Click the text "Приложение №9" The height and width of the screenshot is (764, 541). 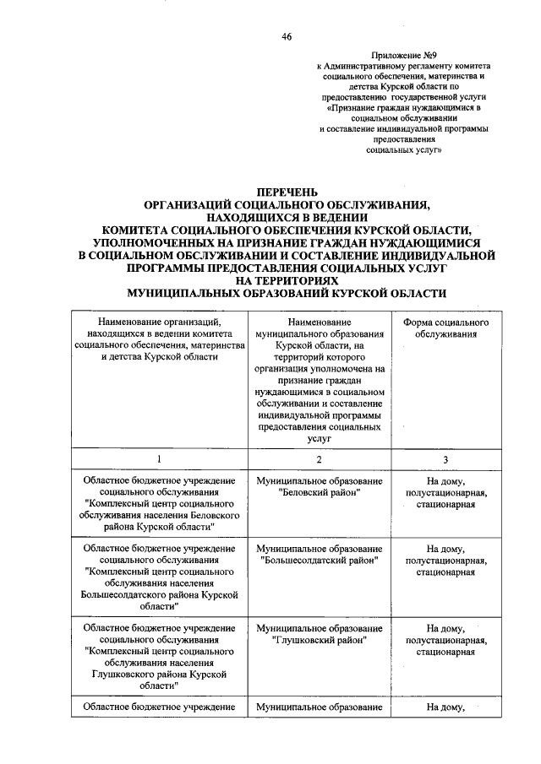(402, 53)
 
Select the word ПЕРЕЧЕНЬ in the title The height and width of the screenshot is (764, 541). (285, 193)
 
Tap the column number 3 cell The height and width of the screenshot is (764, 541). (445, 458)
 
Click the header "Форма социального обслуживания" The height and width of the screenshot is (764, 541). (445, 328)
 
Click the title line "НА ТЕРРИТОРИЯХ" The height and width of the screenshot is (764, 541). (285, 279)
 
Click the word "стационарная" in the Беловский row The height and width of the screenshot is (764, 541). (445, 504)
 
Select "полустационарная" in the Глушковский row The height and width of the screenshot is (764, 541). (445, 640)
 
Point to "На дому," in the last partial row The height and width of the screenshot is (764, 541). (445, 707)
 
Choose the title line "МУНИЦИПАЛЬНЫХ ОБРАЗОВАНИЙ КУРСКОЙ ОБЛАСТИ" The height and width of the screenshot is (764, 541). (285, 292)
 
